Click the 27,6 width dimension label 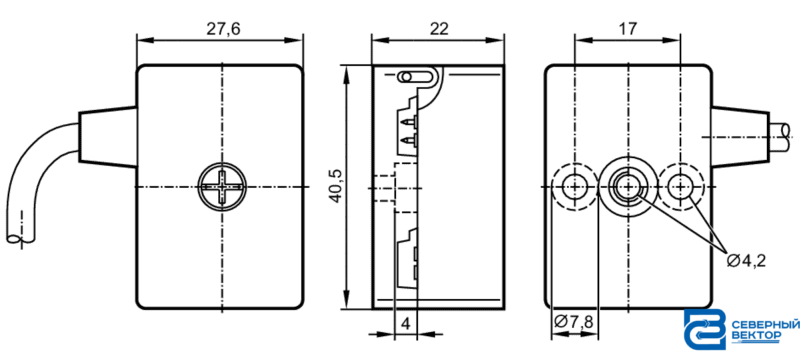223,29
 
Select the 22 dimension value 439,29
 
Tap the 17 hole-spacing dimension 628,29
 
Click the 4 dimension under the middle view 406,323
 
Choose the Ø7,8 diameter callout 573,322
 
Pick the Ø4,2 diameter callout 746,261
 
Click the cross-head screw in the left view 222,187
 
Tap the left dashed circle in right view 575,187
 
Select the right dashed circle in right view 681,187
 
